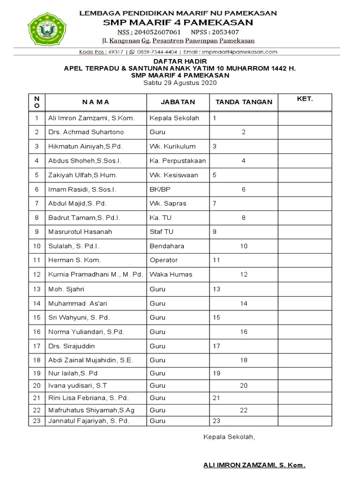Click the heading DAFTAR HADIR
(x=180, y=61)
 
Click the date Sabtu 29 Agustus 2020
(x=180, y=82)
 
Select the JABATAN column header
(x=178, y=102)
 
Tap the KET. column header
(x=305, y=99)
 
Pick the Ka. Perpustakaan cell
(x=178, y=161)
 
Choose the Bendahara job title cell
(x=167, y=246)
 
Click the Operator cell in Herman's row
(x=164, y=260)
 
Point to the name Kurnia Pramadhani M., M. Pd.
(x=95, y=274)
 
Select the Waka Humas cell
(x=171, y=274)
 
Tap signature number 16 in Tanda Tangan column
(x=244, y=331)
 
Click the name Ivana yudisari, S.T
(x=78, y=386)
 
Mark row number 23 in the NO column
(x=37, y=420)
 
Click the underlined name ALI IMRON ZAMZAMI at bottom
(x=254, y=465)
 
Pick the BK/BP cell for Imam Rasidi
(x=160, y=189)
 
